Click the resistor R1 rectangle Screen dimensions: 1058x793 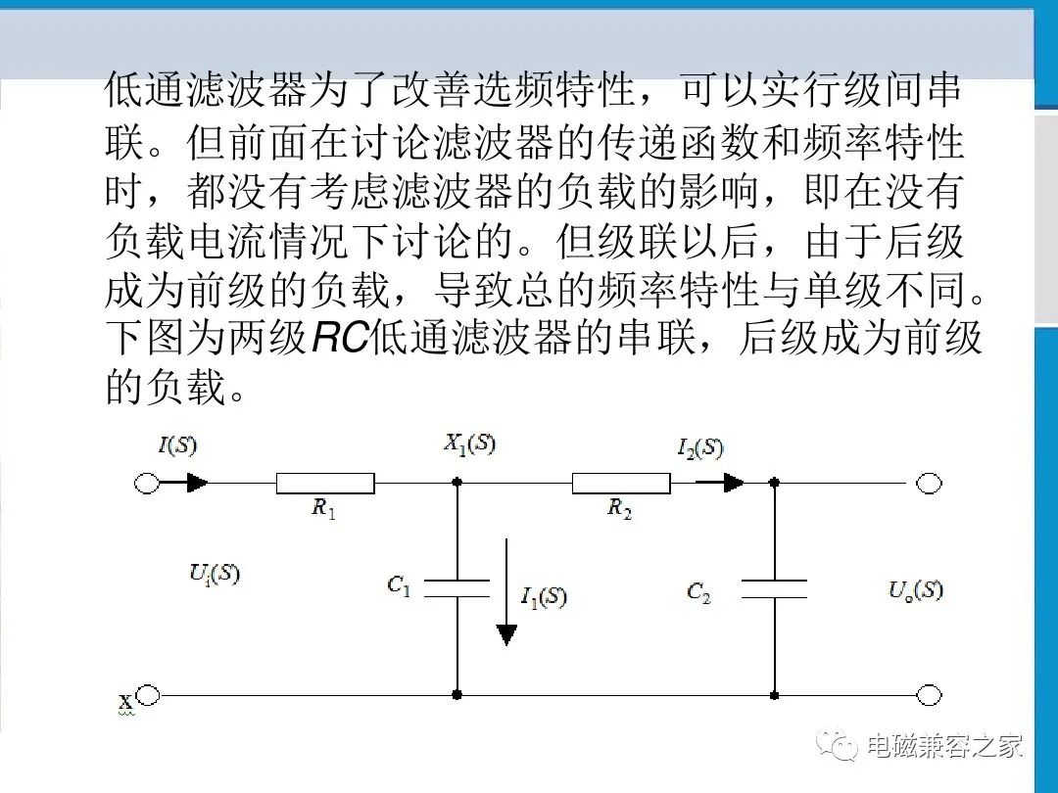(325, 483)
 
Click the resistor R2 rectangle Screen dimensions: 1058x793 (621, 483)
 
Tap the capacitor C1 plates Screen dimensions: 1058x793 (457, 588)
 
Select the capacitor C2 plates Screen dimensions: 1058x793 (774, 588)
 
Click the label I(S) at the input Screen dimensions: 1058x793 (177, 445)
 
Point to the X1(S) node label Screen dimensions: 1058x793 (469, 443)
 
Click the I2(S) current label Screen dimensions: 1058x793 (700, 448)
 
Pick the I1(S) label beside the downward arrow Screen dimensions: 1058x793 (543, 597)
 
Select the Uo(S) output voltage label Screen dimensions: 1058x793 (916, 590)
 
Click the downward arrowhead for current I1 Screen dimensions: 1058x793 (506, 634)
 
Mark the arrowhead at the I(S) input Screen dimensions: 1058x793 (197, 482)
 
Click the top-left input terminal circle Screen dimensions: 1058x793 (147, 483)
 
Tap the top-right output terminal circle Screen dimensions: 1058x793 (929, 483)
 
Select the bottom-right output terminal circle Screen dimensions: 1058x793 (929, 694)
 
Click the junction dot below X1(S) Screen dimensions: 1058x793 (457, 483)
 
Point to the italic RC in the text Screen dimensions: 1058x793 (340, 337)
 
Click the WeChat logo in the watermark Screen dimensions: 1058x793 (838, 745)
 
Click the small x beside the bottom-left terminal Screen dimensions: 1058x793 (125, 703)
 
